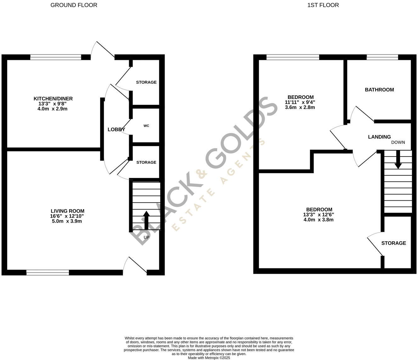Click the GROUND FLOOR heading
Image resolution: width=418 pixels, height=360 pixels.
(74, 5)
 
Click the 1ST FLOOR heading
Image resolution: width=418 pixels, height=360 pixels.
(323, 5)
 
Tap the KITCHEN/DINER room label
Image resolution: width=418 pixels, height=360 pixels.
(53, 99)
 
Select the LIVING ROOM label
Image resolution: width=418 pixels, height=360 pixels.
(68, 211)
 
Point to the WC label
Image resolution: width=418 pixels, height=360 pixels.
(146, 126)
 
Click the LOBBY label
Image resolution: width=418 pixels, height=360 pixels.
(116, 129)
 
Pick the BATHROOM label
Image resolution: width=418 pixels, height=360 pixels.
(379, 90)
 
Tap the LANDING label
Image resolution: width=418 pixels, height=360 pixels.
(379, 137)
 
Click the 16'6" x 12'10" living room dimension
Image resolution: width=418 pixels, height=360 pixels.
(68, 216)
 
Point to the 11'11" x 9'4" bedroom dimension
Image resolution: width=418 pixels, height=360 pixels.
(300, 102)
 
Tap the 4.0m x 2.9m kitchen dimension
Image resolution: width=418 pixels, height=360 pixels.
(53, 109)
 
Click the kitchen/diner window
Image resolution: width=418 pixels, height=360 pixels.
(56, 57)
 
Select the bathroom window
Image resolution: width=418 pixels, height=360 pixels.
(382, 57)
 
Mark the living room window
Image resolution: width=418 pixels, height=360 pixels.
(48, 273)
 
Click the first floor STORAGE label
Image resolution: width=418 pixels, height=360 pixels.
(393, 243)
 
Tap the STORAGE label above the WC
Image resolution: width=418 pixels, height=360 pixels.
(146, 82)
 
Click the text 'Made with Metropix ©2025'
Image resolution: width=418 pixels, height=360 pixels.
(209, 358)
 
